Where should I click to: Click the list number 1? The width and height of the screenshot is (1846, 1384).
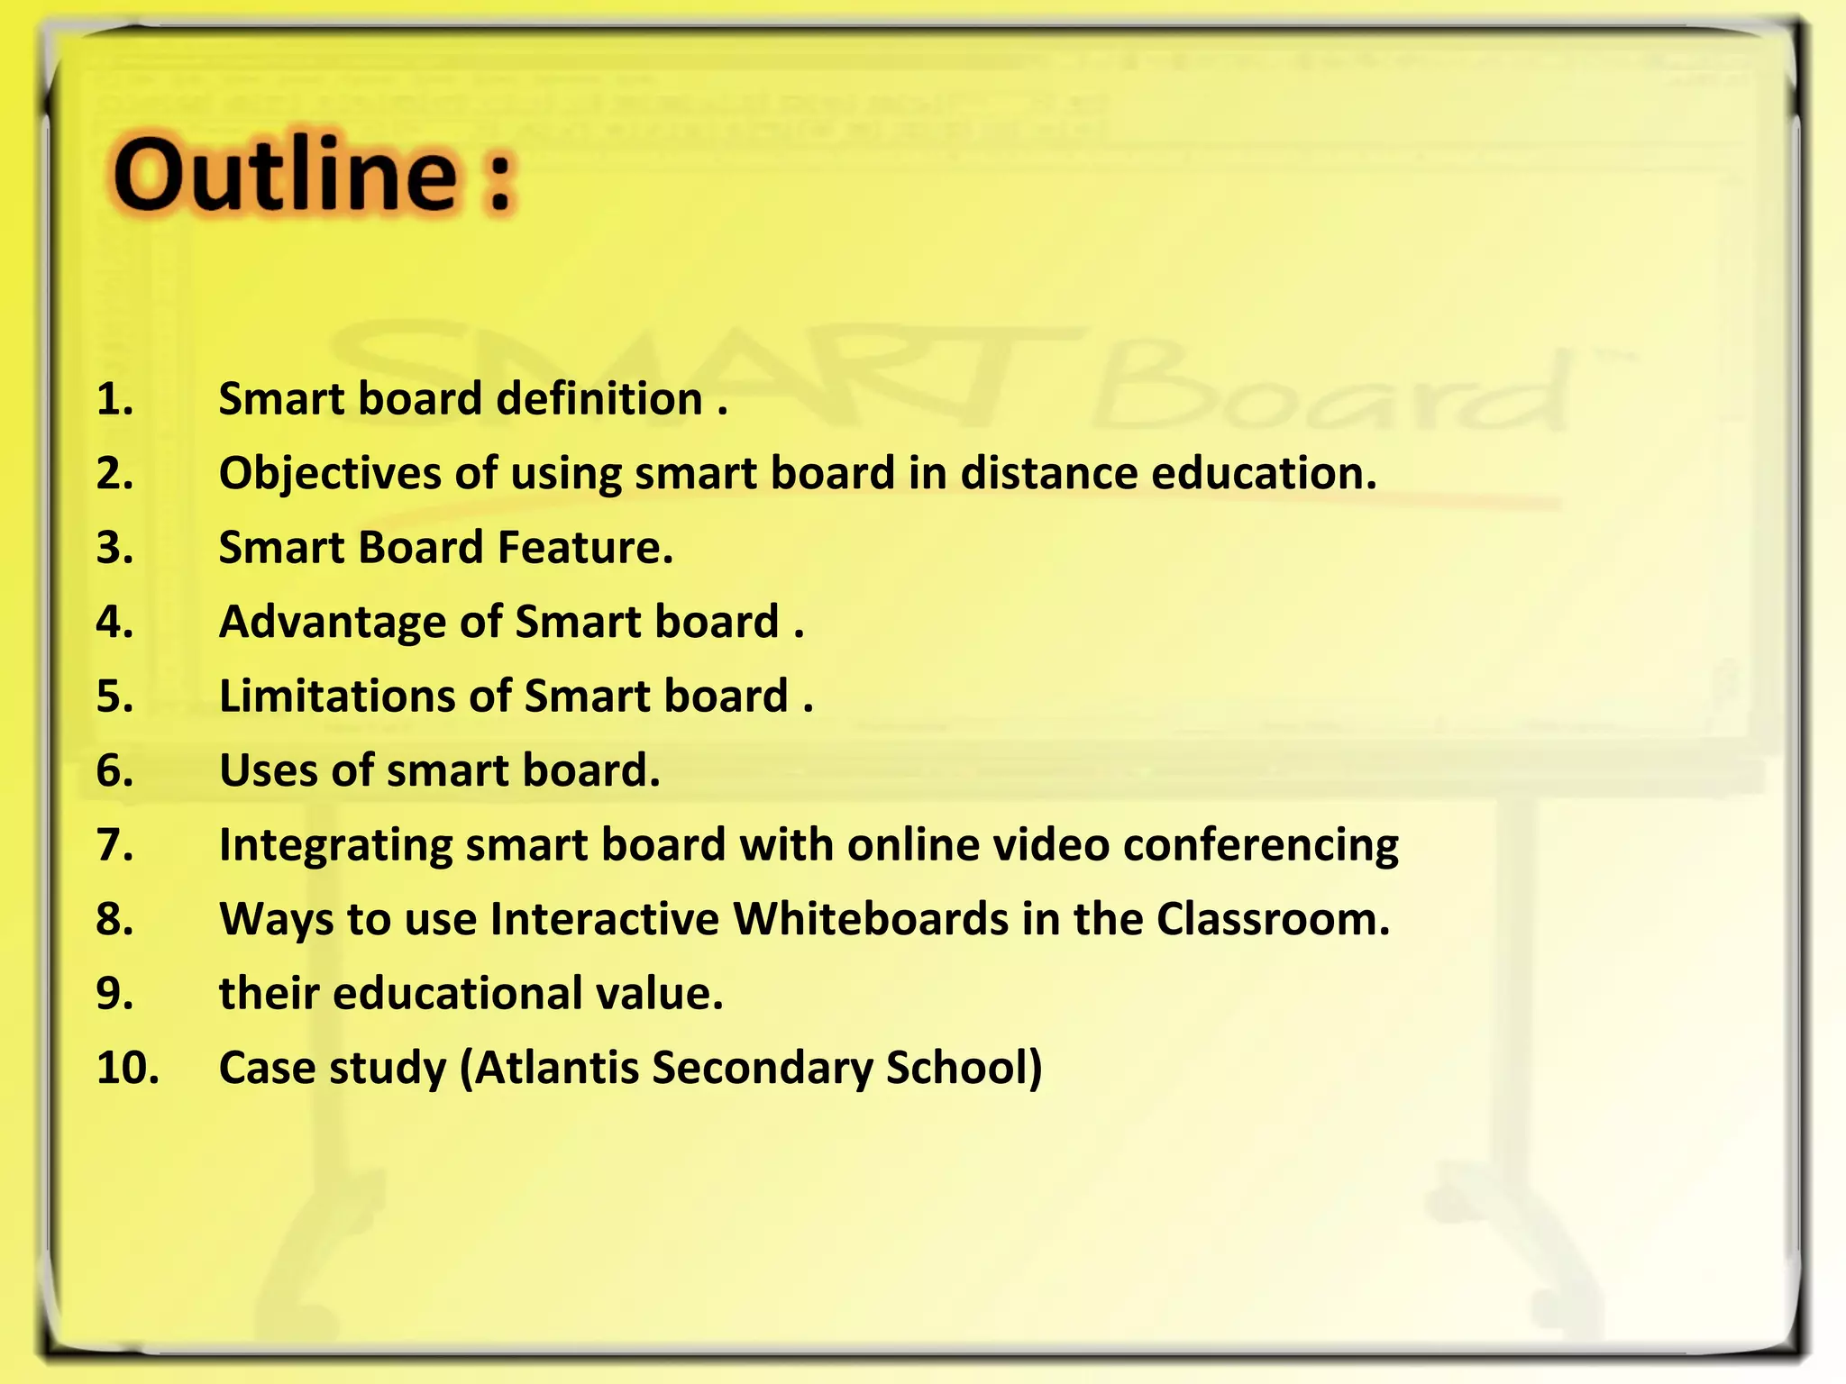[x=114, y=399]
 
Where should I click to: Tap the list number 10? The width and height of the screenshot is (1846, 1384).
[x=127, y=1068]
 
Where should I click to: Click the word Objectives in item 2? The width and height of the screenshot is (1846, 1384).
[x=330, y=474]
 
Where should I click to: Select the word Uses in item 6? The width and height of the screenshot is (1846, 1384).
[x=269, y=771]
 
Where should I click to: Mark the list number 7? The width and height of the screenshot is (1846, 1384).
[x=114, y=845]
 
